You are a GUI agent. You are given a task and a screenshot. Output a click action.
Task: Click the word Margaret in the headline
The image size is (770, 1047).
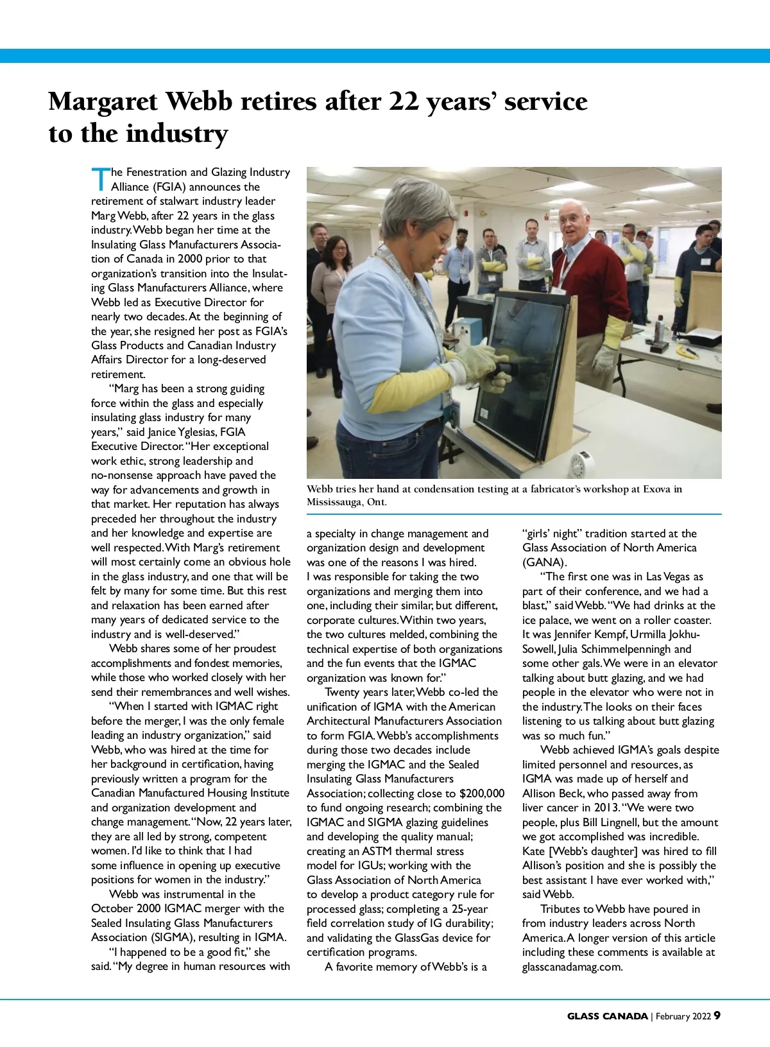[x=103, y=101]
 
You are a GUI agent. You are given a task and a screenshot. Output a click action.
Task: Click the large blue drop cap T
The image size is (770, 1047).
[x=100, y=179]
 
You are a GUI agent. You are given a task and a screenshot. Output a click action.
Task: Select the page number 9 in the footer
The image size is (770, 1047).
[x=717, y=1015]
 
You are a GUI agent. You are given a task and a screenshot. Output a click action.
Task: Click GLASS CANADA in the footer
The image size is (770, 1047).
[x=607, y=1016]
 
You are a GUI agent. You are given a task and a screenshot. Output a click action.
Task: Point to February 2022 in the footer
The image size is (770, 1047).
[x=684, y=1016]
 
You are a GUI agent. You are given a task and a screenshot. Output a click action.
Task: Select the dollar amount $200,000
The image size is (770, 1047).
[x=482, y=793]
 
